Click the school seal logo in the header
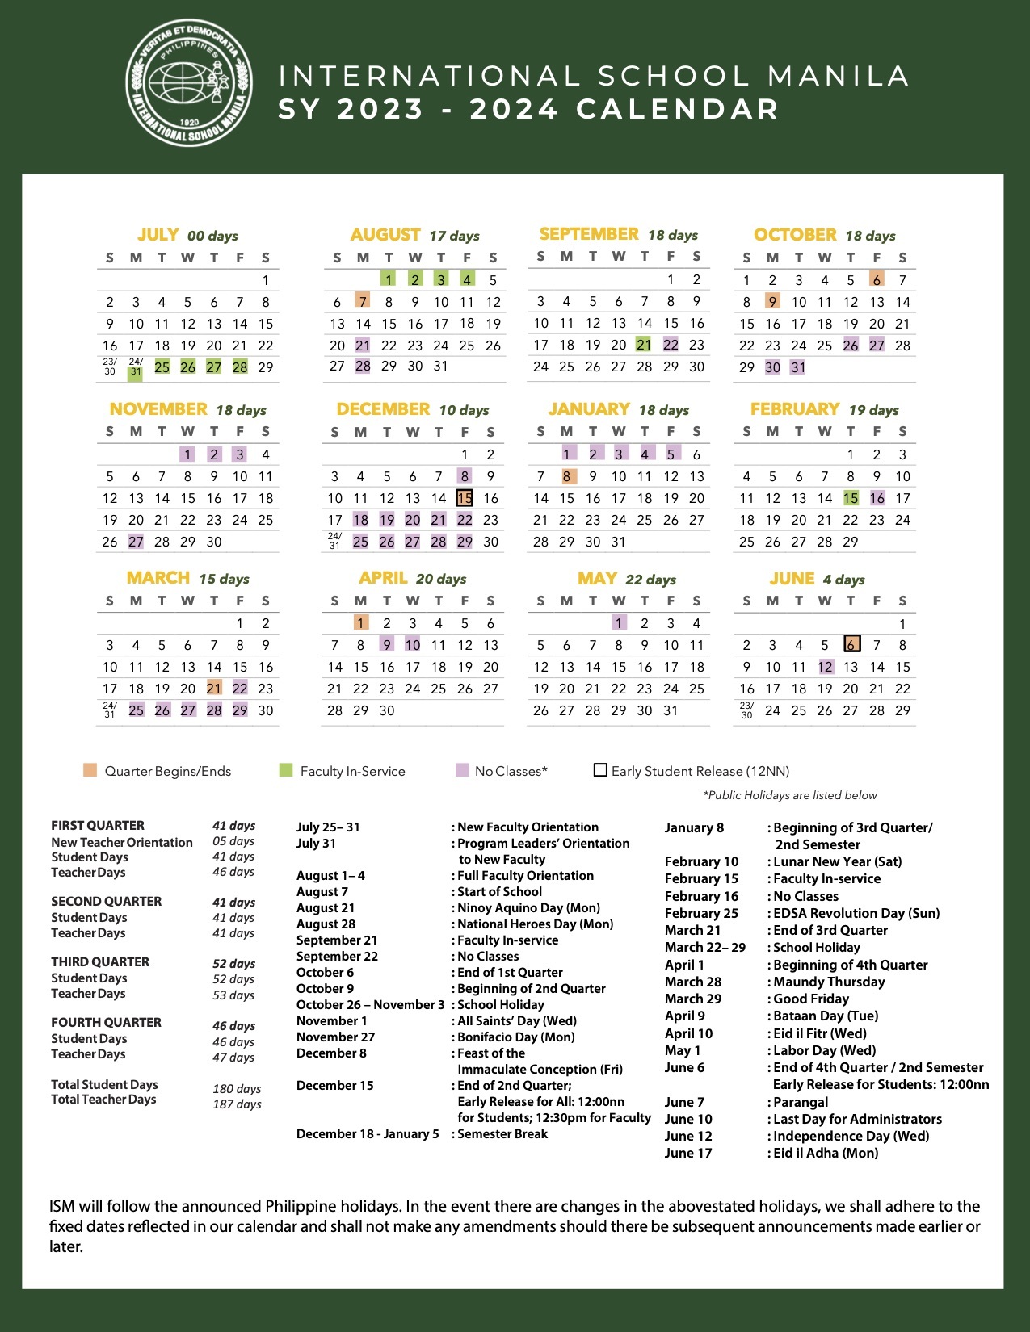(x=189, y=83)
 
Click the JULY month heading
(x=158, y=235)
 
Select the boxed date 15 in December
(x=465, y=498)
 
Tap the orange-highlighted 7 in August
(x=363, y=302)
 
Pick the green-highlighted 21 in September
(x=644, y=345)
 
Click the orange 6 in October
(x=877, y=280)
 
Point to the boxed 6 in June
(x=851, y=644)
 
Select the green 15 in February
(x=851, y=498)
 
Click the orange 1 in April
(x=361, y=623)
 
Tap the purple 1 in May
(x=619, y=623)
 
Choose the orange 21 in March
(x=214, y=689)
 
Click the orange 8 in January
(x=567, y=476)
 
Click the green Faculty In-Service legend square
(x=285, y=770)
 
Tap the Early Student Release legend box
(x=600, y=770)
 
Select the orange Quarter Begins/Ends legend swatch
(x=90, y=770)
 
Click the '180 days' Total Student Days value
(x=237, y=1089)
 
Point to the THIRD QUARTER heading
(x=100, y=962)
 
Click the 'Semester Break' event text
(x=502, y=1134)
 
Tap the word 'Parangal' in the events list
(x=801, y=1102)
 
